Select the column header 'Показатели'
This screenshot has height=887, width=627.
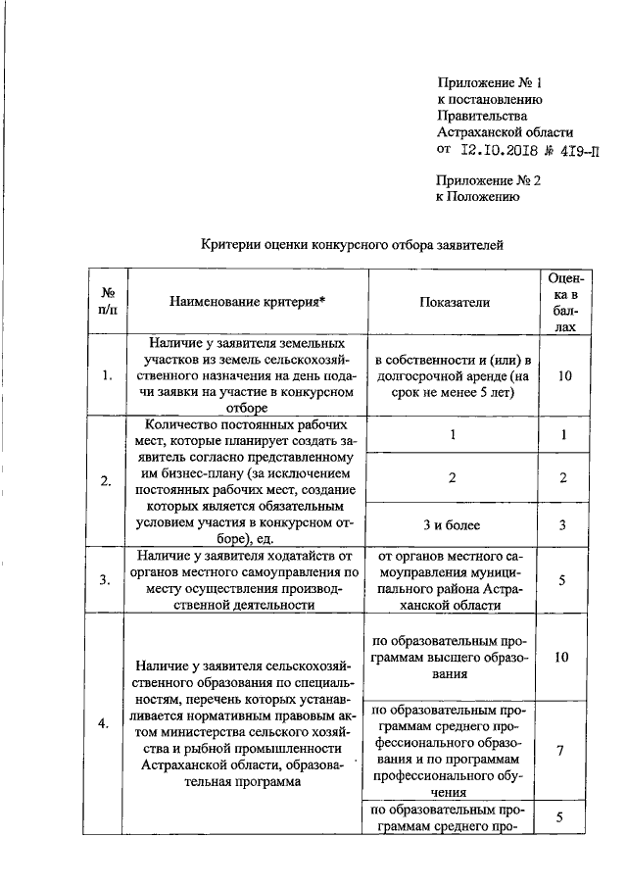(x=454, y=303)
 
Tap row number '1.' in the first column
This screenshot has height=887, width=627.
(x=106, y=375)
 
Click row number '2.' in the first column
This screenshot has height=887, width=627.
(x=106, y=479)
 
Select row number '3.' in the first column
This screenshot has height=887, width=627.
(x=106, y=579)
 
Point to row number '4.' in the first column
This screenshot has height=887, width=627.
(x=106, y=723)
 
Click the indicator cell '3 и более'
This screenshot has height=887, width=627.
(x=454, y=525)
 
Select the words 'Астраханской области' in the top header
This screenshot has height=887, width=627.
(x=505, y=132)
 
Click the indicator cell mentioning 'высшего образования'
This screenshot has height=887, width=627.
(x=454, y=657)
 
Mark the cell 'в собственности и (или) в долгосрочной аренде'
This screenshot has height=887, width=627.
(x=454, y=375)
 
